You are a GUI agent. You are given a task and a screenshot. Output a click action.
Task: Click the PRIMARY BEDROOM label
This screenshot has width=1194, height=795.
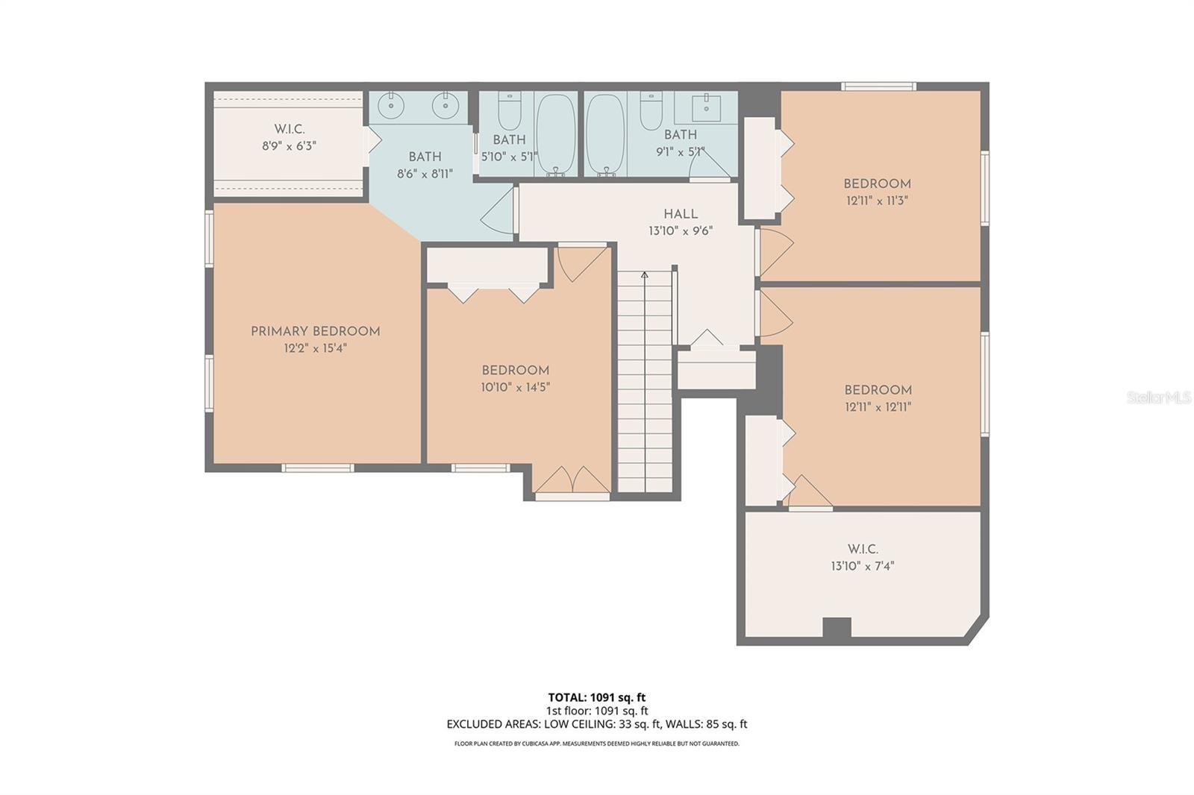pyautogui.click(x=315, y=331)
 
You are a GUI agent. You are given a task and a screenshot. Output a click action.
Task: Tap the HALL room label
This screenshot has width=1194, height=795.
pyautogui.click(x=681, y=214)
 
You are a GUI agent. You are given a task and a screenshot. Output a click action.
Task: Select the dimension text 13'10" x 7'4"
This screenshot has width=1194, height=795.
pyautogui.click(x=862, y=566)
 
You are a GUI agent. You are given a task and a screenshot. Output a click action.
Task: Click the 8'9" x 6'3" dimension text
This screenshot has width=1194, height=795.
pyautogui.click(x=289, y=146)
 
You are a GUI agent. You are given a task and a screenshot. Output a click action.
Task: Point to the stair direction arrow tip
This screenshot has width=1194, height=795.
pyautogui.click(x=645, y=274)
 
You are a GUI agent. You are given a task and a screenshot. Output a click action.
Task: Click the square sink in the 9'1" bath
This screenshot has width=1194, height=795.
pyautogui.click(x=705, y=108)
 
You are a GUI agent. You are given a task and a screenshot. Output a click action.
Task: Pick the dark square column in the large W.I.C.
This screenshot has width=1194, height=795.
pyautogui.click(x=837, y=628)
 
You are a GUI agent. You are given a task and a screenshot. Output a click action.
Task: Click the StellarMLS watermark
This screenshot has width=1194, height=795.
pyautogui.click(x=1159, y=398)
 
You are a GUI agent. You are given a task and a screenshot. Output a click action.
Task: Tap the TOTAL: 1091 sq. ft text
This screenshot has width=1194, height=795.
pyautogui.click(x=597, y=698)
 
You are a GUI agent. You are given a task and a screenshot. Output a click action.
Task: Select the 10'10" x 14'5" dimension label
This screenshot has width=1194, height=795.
pyautogui.click(x=516, y=387)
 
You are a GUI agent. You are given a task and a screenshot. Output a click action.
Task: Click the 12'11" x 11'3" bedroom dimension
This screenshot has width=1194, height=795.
pyautogui.click(x=877, y=201)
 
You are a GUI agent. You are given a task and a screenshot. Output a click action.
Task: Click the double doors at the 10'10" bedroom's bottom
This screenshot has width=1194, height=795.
pyautogui.click(x=572, y=481)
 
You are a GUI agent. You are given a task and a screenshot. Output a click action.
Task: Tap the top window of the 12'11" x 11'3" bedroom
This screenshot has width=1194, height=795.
pyautogui.click(x=878, y=87)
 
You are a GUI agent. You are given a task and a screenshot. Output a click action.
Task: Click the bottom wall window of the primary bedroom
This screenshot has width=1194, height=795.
pyautogui.click(x=317, y=468)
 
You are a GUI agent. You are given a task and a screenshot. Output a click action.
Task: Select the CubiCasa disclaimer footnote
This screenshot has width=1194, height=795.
pyautogui.click(x=597, y=744)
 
